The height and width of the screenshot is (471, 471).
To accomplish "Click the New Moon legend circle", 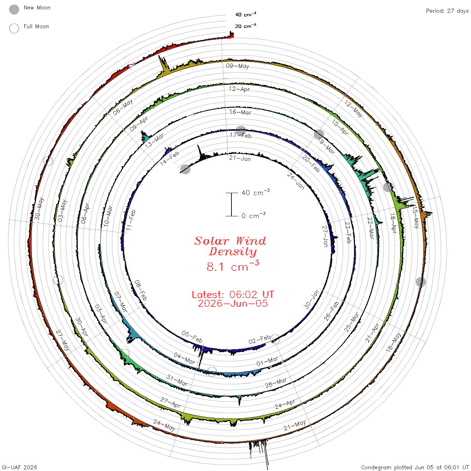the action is [14, 9].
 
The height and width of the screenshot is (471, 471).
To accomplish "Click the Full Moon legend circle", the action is [14, 28].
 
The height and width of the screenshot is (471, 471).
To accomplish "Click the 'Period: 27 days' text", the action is [447, 11].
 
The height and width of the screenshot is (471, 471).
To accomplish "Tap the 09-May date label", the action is [237, 66].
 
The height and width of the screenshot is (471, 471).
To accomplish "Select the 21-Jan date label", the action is [240, 158].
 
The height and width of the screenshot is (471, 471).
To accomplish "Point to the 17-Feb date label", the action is [241, 135].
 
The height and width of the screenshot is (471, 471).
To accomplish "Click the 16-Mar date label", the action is [240, 112].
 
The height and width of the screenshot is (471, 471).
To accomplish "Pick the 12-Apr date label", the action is [239, 89].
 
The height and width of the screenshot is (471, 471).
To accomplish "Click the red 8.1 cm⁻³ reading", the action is [233, 266].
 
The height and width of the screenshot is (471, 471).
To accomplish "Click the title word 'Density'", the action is [232, 252].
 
